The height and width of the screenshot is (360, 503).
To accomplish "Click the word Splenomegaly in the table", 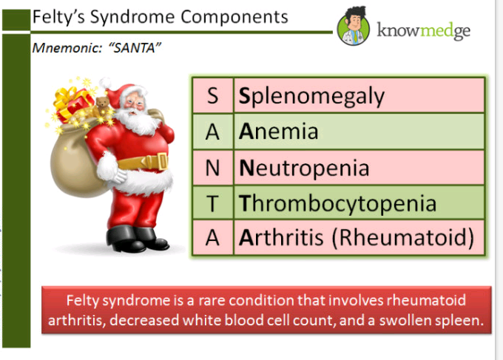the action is pyautogui.click(x=311, y=97).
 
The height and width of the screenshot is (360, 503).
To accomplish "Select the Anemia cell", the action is pyautogui.click(x=359, y=132).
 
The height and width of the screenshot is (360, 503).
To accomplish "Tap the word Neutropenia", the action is pyautogui.click(x=304, y=168).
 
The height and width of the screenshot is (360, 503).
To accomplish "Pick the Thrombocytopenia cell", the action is pyautogui.click(x=359, y=203).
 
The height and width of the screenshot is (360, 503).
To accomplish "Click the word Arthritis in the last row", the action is pyautogui.click(x=281, y=237).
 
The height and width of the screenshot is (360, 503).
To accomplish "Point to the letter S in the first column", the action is pyautogui.click(x=213, y=95).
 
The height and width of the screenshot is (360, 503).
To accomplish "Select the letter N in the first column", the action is pyautogui.click(x=212, y=168).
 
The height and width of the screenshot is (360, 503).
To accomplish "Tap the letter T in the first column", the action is pyautogui.click(x=212, y=203).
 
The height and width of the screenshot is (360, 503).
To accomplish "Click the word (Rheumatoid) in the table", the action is pyautogui.click(x=403, y=238).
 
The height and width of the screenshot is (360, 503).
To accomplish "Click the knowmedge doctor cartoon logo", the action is pyautogui.click(x=354, y=27).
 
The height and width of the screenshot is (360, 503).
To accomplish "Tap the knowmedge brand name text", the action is pyautogui.click(x=423, y=31).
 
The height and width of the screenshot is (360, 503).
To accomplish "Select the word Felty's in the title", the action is pyautogui.click(x=58, y=17).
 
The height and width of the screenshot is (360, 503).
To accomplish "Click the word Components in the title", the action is pyautogui.click(x=234, y=17).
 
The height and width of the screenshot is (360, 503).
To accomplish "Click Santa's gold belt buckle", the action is pyautogui.click(x=162, y=161).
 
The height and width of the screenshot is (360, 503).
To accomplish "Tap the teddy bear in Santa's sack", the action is pyautogui.click(x=102, y=103).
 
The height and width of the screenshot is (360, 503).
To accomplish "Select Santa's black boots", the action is pyautogui.click(x=136, y=239).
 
